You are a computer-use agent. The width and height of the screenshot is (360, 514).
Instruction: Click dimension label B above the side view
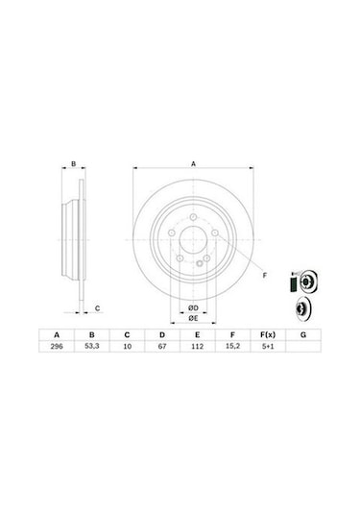[x=75, y=164]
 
